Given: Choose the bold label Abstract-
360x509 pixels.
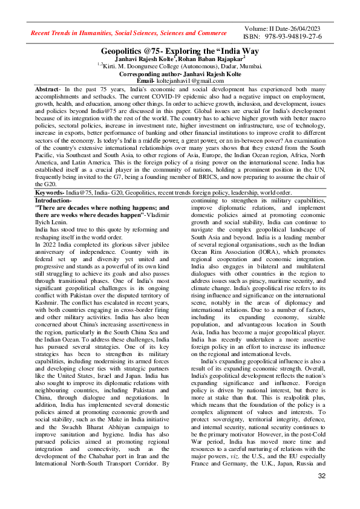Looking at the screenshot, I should [48, 88].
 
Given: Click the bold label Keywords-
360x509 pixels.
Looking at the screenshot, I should [51, 192].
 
